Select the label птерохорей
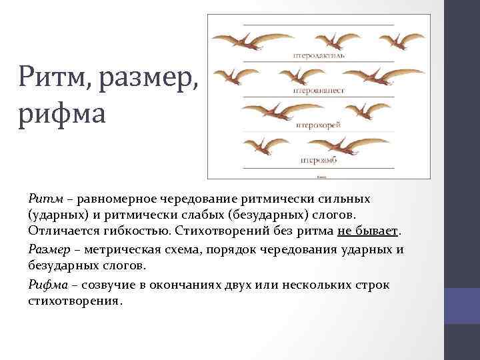click(x=312, y=123)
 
